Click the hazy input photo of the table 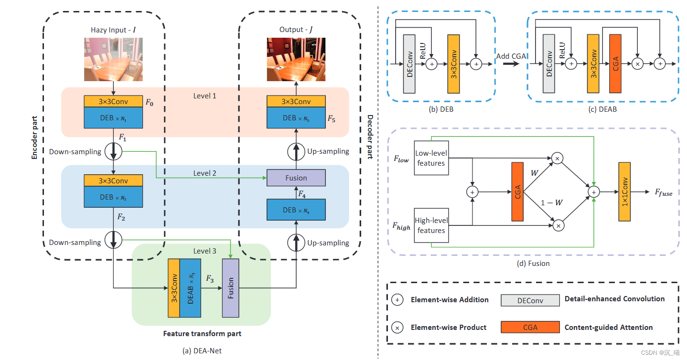113,59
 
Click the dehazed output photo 296,59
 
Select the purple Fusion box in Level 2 296,178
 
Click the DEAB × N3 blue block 190,288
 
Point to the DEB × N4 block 296,209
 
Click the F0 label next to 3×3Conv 150,102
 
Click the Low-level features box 430,158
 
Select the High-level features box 430,225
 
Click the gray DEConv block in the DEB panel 410,64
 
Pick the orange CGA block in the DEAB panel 615,64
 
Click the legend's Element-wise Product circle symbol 397,328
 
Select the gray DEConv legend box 530,300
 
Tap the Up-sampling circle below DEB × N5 296,151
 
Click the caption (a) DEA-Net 202,351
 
